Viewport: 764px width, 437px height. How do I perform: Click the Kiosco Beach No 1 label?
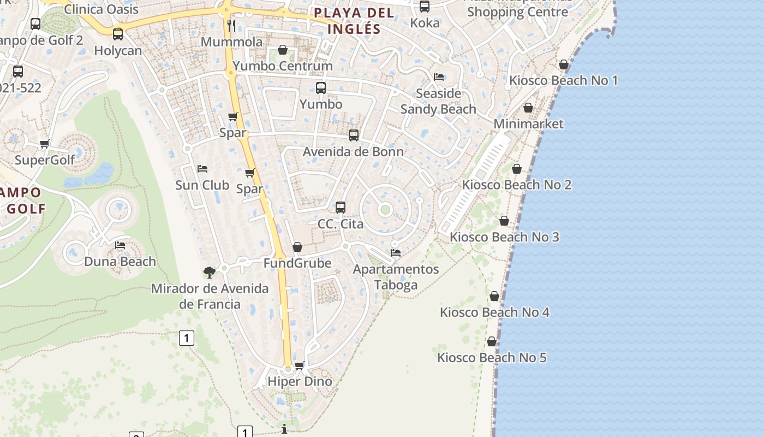(563, 81)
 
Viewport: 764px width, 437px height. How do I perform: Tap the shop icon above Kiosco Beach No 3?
(504, 221)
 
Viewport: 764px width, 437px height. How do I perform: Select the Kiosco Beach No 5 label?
(492, 358)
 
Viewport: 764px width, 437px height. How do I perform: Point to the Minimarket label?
(528, 124)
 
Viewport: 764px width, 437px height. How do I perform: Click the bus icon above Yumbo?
(321, 87)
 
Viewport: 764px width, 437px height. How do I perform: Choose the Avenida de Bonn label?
(353, 152)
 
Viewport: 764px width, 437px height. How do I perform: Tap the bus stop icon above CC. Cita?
(341, 208)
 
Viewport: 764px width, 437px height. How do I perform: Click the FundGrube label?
(297, 263)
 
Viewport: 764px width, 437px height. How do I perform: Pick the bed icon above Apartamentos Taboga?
(396, 253)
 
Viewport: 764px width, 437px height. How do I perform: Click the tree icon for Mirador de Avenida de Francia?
(209, 272)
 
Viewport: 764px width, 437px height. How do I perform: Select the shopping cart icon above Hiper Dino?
(299, 365)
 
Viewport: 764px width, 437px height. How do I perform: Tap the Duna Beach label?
(120, 262)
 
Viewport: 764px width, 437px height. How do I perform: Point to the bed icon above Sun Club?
(202, 168)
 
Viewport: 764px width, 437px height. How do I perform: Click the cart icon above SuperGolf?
(45, 144)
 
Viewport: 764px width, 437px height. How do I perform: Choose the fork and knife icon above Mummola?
(231, 25)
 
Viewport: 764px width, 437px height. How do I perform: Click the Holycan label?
(118, 51)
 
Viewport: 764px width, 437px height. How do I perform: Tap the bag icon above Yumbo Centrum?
(283, 50)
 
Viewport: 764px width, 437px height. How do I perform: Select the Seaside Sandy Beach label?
(438, 102)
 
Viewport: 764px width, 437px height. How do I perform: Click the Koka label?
(425, 23)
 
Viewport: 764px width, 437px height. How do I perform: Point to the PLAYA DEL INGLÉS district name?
(354, 21)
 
